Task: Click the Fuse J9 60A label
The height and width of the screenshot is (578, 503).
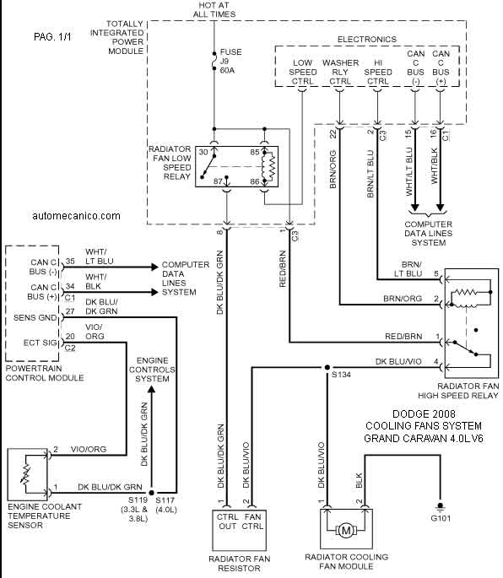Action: point(231,62)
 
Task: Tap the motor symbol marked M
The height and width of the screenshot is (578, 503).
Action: point(346,531)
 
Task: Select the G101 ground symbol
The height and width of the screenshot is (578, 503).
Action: point(440,505)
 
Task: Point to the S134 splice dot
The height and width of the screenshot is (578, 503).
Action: point(327,368)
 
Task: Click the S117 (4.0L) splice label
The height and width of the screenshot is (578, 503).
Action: point(165,505)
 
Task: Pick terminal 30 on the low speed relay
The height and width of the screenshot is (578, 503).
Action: point(203,152)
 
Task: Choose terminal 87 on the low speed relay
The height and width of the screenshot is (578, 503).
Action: point(218,181)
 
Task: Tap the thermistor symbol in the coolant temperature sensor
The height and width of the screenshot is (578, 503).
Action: point(25,474)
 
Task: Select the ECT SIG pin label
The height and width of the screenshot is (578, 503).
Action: point(40,343)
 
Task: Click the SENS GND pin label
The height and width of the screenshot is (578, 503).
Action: point(35,318)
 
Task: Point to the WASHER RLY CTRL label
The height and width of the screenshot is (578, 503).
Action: point(340,72)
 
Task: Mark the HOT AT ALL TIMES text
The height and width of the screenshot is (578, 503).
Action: point(214,10)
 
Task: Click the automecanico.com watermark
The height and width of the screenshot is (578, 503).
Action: point(76,216)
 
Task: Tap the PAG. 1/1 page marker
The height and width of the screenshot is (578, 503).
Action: point(52,37)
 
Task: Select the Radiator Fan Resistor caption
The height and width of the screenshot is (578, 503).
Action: point(240,564)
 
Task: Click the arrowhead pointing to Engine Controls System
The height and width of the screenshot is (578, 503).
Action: point(152,391)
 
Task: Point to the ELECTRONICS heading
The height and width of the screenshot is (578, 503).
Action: point(367,40)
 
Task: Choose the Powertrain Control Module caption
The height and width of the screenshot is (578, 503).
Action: point(45,373)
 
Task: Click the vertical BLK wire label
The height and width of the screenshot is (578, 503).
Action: point(360,481)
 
